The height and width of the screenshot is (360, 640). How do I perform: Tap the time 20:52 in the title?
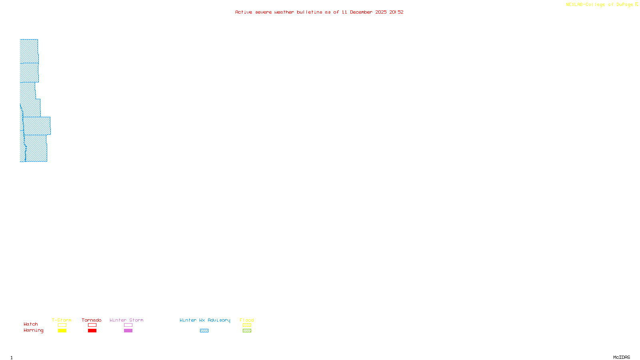click(396, 12)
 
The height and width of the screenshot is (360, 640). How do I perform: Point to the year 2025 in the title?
click(381, 12)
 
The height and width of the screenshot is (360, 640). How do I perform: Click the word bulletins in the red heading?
click(310, 12)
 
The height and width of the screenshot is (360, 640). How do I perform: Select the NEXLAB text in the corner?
click(574, 4)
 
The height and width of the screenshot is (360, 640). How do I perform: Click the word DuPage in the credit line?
click(624, 4)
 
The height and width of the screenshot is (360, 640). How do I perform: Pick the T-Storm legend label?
click(62, 320)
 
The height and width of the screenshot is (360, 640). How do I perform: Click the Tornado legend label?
click(92, 320)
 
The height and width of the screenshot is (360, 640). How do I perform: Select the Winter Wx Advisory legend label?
click(205, 320)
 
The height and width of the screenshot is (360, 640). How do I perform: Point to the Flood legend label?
click(247, 320)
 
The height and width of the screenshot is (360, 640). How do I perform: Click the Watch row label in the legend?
click(31, 324)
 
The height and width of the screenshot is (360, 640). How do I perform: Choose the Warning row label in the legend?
click(33, 330)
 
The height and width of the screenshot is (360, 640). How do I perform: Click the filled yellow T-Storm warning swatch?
click(62, 331)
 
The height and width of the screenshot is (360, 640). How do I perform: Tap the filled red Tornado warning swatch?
click(92, 331)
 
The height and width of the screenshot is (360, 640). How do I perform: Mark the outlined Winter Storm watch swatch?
click(128, 325)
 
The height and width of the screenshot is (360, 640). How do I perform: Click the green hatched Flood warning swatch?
click(247, 331)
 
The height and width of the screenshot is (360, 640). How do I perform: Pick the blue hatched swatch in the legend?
click(204, 331)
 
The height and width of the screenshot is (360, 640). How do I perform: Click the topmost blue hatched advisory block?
click(29, 51)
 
